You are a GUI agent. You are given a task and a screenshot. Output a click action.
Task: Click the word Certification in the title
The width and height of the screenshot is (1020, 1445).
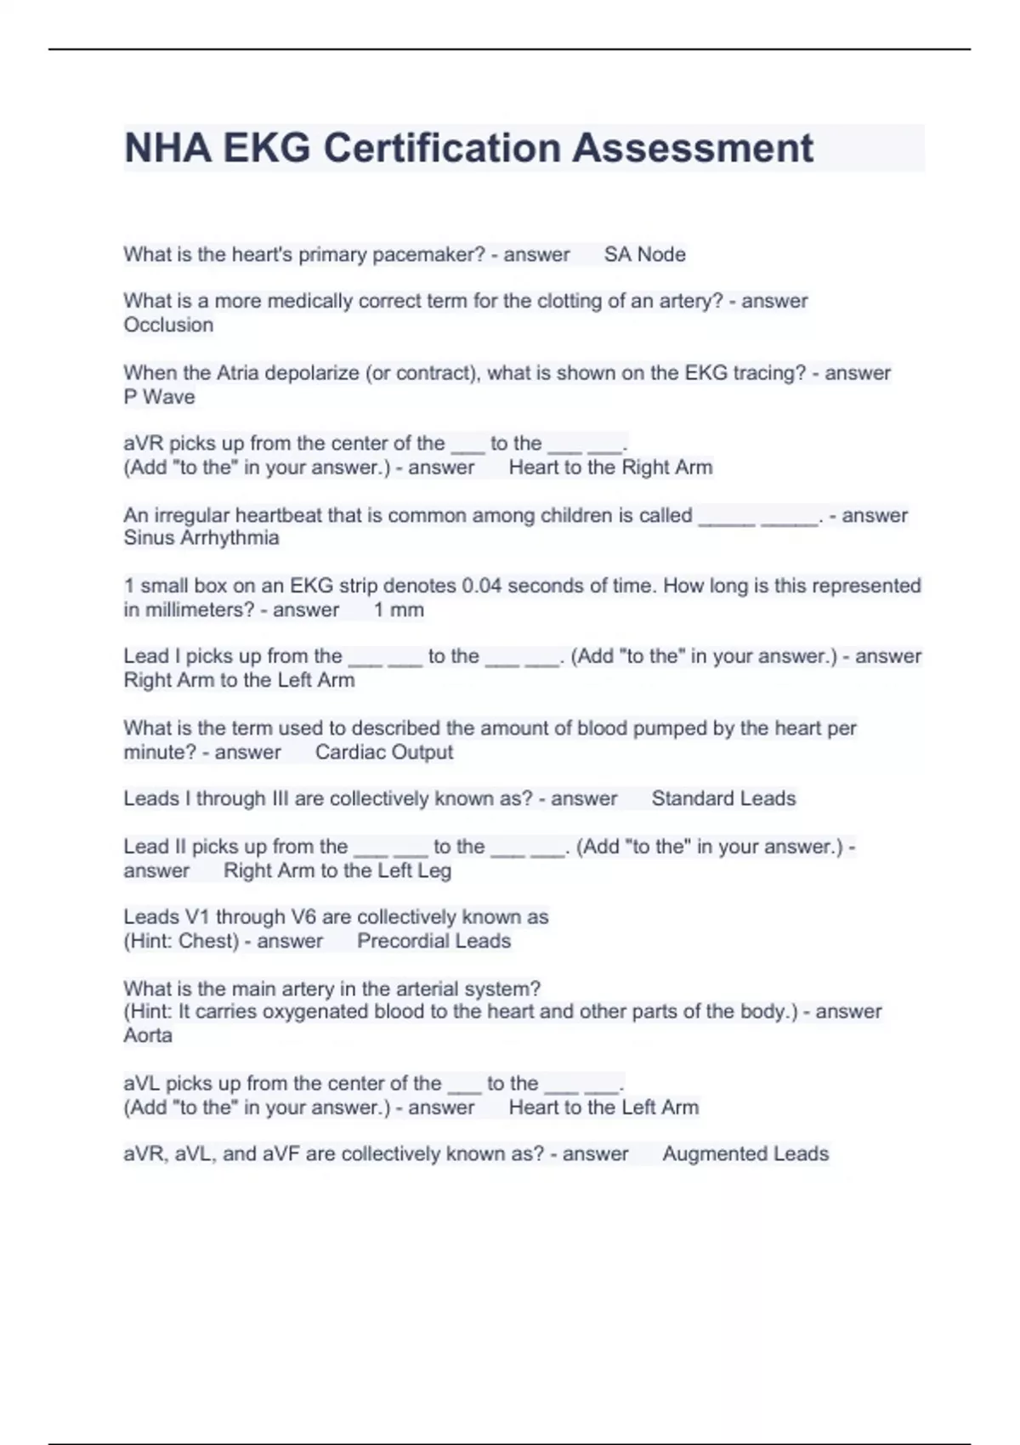pyautogui.click(x=442, y=148)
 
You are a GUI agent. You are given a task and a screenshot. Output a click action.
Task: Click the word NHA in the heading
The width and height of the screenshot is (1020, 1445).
pyautogui.click(x=167, y=148)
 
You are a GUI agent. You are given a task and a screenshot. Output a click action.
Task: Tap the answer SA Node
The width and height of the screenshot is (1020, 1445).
pyautogui.click(x=644, y=254)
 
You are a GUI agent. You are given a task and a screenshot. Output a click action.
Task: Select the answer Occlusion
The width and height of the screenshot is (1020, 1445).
pyautogui.click(x=168, y=325)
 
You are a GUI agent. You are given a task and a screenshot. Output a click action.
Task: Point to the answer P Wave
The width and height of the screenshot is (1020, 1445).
pyautogui.click(x=159, y=397)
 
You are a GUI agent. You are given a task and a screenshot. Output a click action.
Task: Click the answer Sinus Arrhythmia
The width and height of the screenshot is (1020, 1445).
pyautogui.click(x=201, y=538)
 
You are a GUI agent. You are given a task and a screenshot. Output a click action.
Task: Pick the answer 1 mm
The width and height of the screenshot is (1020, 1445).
pyautogui.click(x=399, y=609)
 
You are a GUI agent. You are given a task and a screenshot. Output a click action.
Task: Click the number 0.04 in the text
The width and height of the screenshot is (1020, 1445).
pyautogui.click(x=481, y=586)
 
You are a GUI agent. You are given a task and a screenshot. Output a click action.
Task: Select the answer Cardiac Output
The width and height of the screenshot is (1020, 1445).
pyautogui.click(x=383, y=752)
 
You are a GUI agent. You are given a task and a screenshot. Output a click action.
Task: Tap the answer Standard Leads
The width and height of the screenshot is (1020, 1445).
pyautogui.click(x=723, y=798)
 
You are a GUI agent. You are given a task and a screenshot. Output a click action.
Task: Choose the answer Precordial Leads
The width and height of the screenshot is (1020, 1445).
pyautogui.click(x=433, y=941)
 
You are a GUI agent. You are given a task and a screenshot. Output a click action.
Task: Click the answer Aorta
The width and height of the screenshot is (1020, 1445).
pyautogui.click(x=148, y=1035)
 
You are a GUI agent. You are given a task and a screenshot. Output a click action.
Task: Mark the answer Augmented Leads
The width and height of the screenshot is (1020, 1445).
pyautogui.click(x=745, y=1153)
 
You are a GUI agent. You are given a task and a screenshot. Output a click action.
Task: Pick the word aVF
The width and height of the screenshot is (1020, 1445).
pyautogui.click(x=282, y=1153)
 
